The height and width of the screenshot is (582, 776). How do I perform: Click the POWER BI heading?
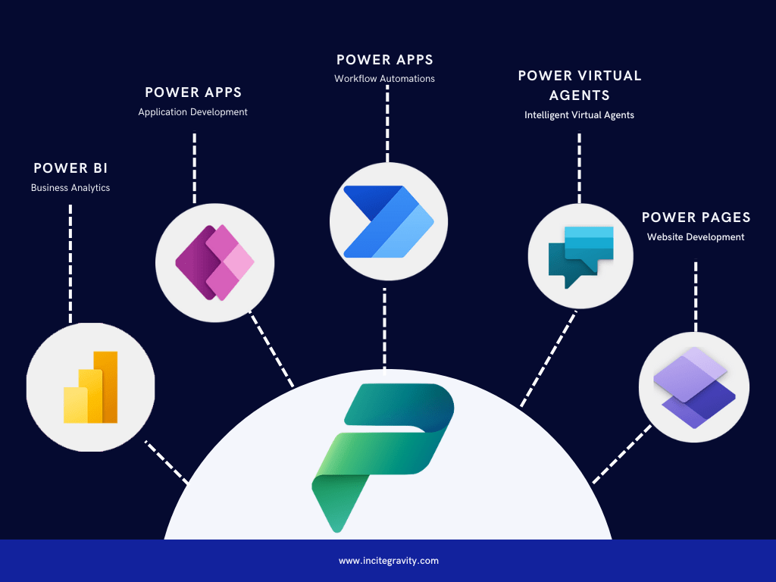click(70, 168)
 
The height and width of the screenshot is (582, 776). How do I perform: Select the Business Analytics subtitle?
click(70, 188)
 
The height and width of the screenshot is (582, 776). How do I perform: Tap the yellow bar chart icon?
click(91, 387)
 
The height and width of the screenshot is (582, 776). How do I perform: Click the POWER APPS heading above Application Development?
click(193, 92)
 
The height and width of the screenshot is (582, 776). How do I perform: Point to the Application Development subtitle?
click(192, 112)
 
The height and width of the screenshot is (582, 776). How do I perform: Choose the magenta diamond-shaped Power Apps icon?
click(215, 263)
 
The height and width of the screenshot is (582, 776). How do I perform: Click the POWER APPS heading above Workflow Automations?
click(385, 59)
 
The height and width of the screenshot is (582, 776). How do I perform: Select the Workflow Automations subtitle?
click(385, 79)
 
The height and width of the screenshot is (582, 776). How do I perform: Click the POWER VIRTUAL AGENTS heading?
click(580, 86)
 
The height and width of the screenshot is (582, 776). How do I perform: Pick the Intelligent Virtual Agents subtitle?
click(580, 115)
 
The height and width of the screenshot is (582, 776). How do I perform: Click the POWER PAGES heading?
click(696, 217)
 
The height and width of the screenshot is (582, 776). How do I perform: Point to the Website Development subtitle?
click(696, 237)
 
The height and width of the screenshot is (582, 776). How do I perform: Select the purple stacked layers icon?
click(695, 387)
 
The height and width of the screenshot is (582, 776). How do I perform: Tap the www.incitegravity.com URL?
click(388, 561)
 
